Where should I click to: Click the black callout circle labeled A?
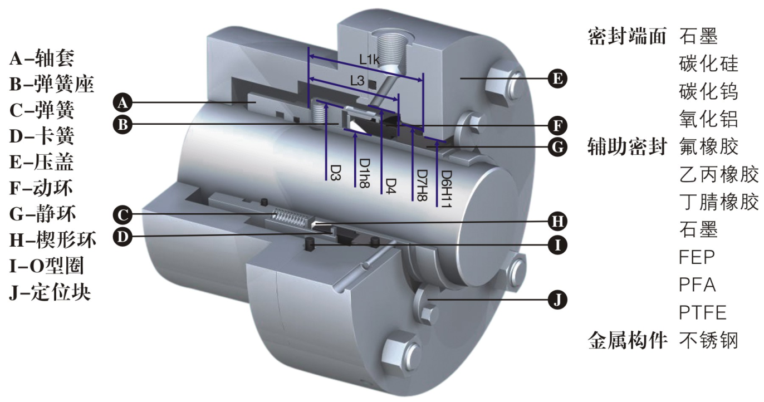[x=123, y=102]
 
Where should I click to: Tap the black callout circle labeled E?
[x=557, y=79]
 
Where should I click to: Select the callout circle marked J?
[x=557, y=300]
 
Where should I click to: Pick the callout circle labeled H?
[x=557, y=221]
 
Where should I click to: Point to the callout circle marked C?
[x=123, y=215]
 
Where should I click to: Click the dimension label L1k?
[x=369, y=60]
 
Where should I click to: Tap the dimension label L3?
[x=357, y=81]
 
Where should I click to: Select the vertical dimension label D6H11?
[x=445, y=189]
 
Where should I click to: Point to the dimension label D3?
[x=336, y=173]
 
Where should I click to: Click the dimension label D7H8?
[x=422, y=185]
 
